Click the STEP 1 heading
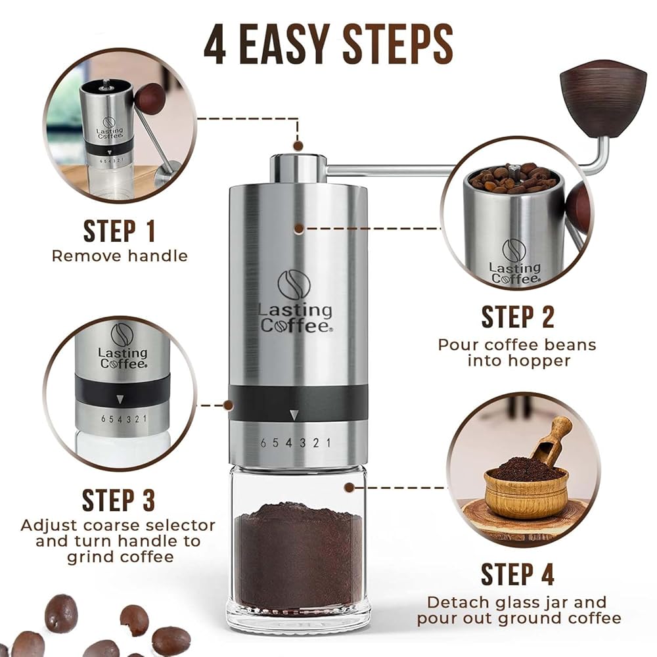[x=120, y=231]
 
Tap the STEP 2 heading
[x=518, y=317]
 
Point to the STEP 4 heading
[x=518, y=574]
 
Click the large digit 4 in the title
[x=215, y=43]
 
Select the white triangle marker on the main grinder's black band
[x=294, y=415]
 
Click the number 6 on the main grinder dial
[x=263, y=443]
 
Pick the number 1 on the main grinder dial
[x=328, y=442]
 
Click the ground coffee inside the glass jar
[x=298, y=553]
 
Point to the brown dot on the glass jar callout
[x=349, y=487]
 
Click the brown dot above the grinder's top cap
[x=298, y=146]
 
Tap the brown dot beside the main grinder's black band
[x=229, y=405]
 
